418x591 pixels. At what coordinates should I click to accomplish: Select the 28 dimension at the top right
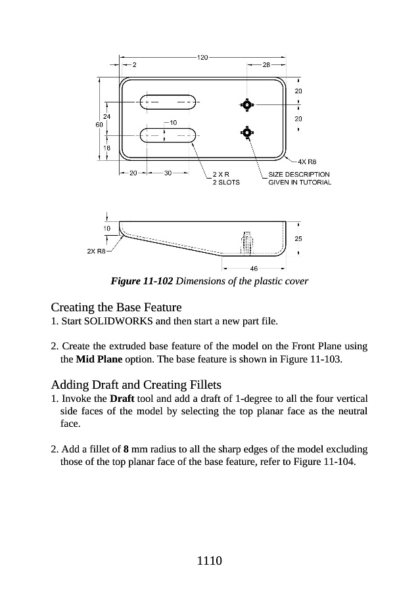click(266, 65)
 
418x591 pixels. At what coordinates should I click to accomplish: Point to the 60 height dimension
click(99, 123)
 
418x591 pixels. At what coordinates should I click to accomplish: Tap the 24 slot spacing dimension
click(107, 116)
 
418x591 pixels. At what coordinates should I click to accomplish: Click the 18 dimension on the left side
click(107, 148)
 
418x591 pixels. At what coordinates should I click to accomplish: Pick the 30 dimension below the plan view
click(168, 173)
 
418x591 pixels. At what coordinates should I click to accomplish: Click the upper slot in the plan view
click(168, 102)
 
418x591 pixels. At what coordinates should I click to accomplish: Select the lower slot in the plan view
click(168, 136)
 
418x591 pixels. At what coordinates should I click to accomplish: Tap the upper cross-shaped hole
click(247, 104)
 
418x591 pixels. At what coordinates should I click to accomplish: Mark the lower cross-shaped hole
click(247, 133)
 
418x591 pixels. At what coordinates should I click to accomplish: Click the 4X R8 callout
click(308, 161)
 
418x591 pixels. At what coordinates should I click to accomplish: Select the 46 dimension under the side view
click(254, 268)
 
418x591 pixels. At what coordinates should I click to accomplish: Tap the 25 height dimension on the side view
click(298, 238)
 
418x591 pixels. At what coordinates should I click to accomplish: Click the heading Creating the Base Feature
click(116, 307)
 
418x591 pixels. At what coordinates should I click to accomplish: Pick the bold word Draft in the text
click(123, 399)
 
